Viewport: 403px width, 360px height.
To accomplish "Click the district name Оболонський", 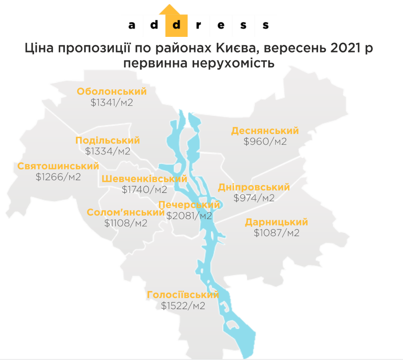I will click(112, 92).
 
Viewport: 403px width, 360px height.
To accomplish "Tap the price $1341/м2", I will click(112, 103).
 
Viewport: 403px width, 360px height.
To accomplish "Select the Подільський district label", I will click(107, 141).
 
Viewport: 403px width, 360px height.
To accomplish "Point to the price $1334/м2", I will click(107, 151).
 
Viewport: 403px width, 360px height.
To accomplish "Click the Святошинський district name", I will click(58, 166).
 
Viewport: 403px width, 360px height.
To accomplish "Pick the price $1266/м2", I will click(58, 177).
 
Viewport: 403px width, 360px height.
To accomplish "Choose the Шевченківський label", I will click(144, 179).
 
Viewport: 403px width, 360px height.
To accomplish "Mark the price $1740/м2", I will click(144, 190).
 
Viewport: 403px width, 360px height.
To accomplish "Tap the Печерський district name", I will click(189, 205).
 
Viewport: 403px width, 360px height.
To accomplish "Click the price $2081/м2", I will click(189, 216).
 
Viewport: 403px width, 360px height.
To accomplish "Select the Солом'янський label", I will click(126, 213).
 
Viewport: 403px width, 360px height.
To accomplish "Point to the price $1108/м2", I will click(126, 223).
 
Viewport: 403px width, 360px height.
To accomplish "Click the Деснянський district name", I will click(265, 131).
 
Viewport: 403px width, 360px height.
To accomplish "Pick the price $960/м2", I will click(265, 141).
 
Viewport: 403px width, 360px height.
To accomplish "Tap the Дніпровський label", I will click(254, 187).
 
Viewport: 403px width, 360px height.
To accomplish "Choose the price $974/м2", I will click(254, 198).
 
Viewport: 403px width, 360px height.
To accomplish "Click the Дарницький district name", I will click(276, 222).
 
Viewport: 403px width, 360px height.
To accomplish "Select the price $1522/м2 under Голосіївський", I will click(183, 306).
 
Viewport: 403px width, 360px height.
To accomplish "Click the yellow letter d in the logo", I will click(176, 25).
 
